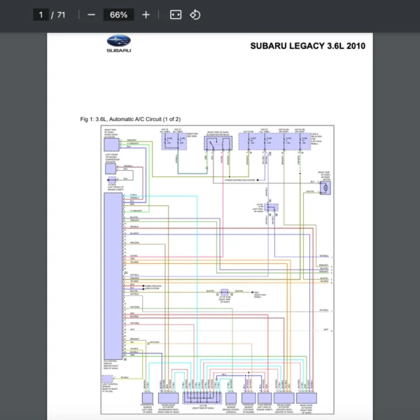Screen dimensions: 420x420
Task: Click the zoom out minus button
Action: pos(91,15)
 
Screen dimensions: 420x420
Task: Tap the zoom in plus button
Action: pos(146,15)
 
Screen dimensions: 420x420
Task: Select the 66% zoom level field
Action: pos(118,15)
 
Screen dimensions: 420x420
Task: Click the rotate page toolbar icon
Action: pos(195,15)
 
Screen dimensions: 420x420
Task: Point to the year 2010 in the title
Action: pos(352,46)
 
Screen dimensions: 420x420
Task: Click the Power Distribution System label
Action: pos(240,180)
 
